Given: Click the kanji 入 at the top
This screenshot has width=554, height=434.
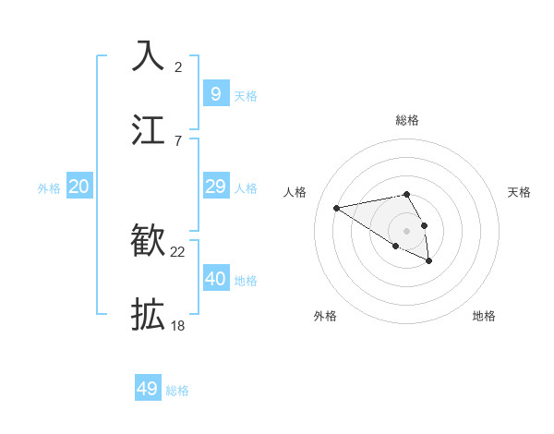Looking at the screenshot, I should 148,55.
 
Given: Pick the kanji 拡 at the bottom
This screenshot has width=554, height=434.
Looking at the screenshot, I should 148,315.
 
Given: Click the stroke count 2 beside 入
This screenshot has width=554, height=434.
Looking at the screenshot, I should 178,66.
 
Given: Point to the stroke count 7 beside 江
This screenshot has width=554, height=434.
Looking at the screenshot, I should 178,140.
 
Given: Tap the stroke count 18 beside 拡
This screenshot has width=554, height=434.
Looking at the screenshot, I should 178,326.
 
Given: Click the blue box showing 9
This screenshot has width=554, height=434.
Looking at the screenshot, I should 215,93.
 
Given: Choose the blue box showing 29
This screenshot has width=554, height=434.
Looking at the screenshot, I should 215,187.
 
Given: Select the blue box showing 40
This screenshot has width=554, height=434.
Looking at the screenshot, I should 215,279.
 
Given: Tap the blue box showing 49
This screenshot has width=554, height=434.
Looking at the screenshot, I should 148,389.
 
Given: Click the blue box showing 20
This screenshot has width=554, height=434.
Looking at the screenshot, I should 79,187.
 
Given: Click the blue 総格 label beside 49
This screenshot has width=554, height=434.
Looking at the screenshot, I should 177,391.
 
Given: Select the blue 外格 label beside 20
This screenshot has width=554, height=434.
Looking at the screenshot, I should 49,188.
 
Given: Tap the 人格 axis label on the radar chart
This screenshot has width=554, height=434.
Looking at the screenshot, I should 295,192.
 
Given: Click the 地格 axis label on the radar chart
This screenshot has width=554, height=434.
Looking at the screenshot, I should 484,316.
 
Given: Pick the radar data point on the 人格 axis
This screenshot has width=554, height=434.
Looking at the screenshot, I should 337,207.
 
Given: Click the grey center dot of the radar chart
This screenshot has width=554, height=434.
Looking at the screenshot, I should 406,230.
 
